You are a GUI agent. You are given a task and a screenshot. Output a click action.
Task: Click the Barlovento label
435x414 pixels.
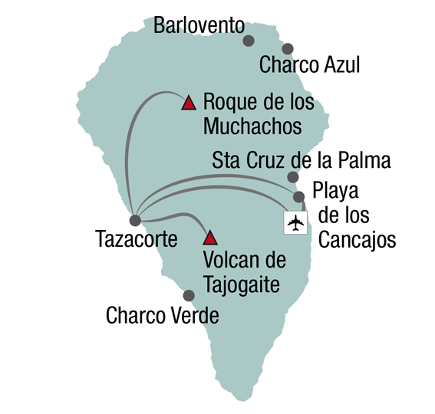[x=199, y=25]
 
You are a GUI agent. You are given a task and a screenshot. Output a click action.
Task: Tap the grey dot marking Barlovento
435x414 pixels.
[x=249, y=41]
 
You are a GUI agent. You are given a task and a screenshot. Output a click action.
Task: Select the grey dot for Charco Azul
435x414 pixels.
[x=288, y=49]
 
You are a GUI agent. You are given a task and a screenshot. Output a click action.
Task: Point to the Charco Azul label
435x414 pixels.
[x=309, y=64]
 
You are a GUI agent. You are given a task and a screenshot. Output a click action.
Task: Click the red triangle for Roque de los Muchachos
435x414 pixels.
[x=189, y=103]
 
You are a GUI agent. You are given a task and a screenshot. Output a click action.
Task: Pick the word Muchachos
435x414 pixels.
[x=252, y=127]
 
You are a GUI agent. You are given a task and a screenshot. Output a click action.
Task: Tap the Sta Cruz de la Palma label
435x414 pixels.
[x=302, y=160]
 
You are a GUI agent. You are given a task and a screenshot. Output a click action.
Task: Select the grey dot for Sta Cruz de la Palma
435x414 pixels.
[x=293, y=177]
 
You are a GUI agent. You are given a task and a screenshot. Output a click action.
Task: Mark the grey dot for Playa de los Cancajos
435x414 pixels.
[x=298, y=197]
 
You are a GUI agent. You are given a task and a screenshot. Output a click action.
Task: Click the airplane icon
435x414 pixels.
[x=295, y=222]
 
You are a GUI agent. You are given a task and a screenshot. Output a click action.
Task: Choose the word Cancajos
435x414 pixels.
[x=357, y=240]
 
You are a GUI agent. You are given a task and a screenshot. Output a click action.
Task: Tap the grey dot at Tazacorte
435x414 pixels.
[x=135, y=221]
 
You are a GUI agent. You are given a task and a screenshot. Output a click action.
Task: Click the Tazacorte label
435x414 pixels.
[x=137, y=239]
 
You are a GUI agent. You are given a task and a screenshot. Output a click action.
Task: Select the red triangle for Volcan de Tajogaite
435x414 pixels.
[x=210, y=238]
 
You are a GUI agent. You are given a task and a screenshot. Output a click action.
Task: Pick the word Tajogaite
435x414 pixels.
[x=242, y=285]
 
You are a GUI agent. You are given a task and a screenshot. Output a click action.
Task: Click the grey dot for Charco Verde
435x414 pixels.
[x=189, y=296]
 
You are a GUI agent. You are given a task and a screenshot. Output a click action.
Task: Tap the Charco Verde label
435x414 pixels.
[x=163, y=316]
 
